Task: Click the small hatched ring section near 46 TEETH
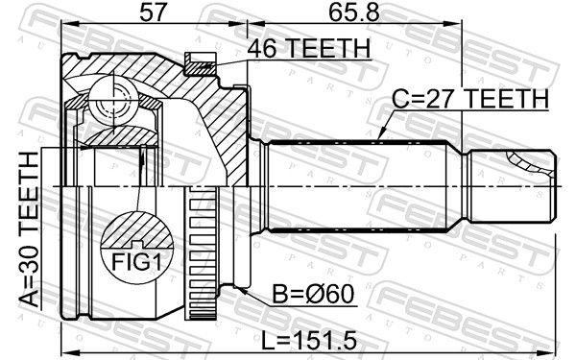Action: point(202,65)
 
